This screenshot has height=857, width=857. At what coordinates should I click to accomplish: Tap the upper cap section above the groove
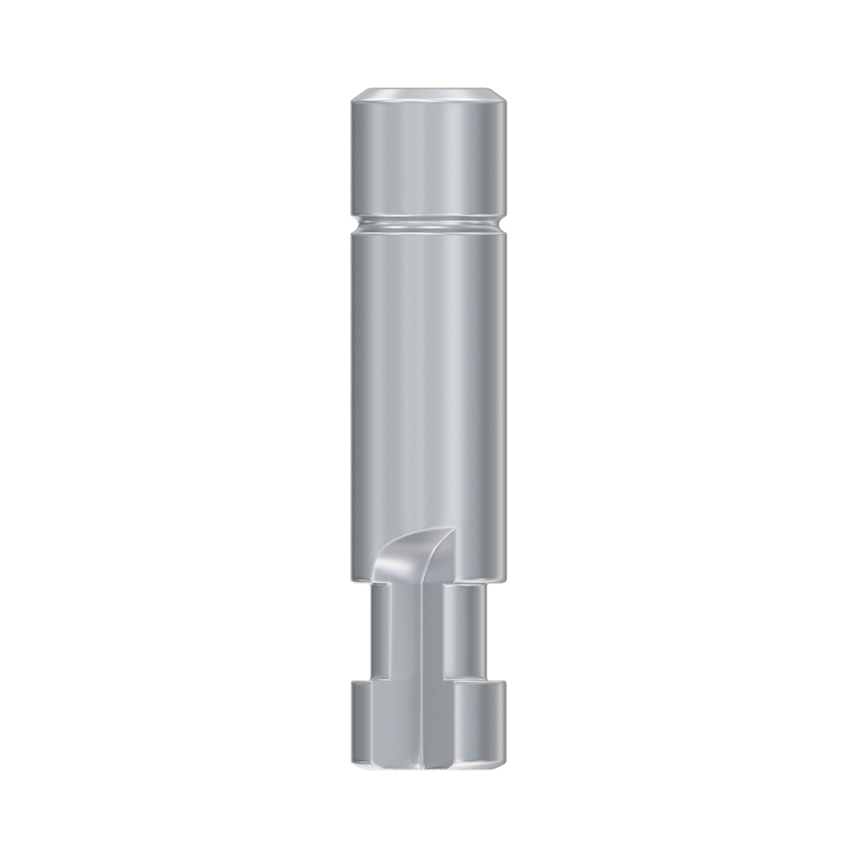428,160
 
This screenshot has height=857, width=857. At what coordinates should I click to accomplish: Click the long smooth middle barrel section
428,377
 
